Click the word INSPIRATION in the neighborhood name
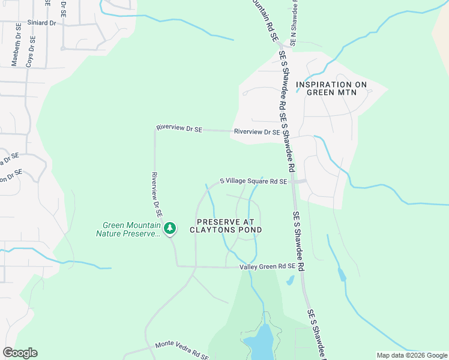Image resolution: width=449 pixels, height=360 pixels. coord(331,85)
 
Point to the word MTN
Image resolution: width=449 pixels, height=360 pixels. coord(346,92)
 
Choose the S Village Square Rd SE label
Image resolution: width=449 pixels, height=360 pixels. coord(253,181)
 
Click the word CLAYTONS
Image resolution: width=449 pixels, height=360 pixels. coord(215,230)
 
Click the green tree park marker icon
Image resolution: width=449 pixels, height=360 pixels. coord(170,228)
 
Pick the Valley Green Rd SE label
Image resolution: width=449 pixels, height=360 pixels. coord(268,266)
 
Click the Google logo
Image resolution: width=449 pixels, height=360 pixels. coord(20,352)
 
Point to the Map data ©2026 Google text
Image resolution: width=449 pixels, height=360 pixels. coord(411,355)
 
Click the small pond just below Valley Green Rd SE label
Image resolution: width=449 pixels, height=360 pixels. coord(290,280)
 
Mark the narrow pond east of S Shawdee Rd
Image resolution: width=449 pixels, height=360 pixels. coord(342,275)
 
